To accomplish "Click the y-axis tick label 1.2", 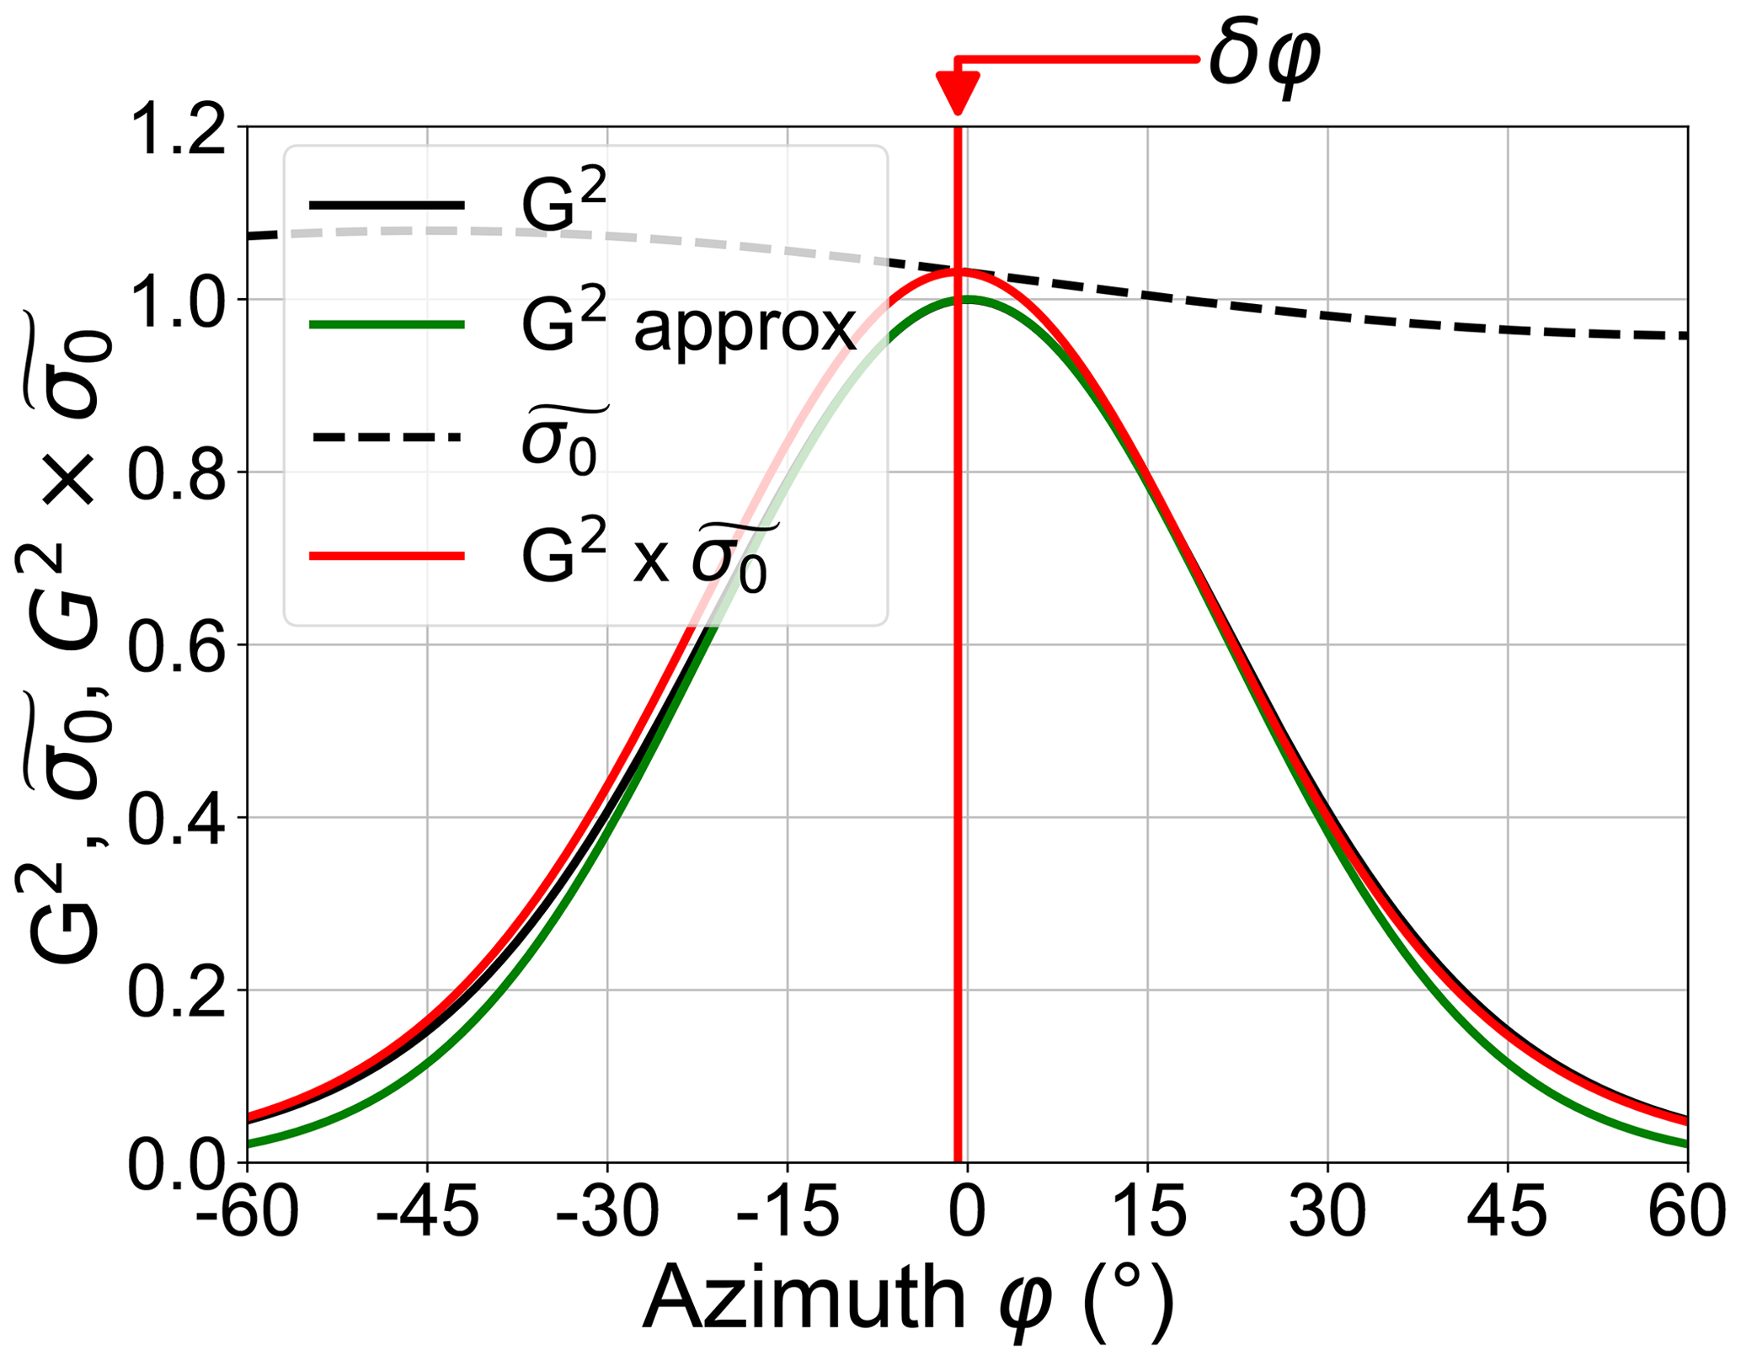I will [x=176, y=131].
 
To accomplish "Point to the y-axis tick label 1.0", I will [x=176, y=302].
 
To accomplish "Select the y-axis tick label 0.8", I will [x=176, y=475].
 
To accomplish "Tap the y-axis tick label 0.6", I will [x=176, y=648].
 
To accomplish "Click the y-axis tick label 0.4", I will [x=176, y=820].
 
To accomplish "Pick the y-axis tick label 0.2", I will [x=176, y=993].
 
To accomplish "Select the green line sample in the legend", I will [x=387, y=324].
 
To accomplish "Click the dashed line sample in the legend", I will [x=387, y=436].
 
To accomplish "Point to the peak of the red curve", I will [x=959, y=270].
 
